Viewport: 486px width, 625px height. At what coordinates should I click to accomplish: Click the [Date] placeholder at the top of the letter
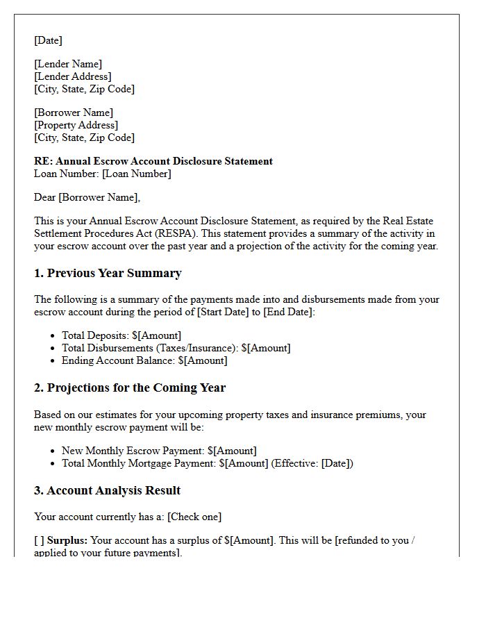tap(48, 40)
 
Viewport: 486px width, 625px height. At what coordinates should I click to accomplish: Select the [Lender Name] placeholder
tap(68, 65)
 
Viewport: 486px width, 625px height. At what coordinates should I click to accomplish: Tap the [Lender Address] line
tap(73, 76)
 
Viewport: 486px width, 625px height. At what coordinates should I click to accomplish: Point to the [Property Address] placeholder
tap(76, 125)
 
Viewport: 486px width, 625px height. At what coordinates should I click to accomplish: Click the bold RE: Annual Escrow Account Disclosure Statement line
tap(153, 161)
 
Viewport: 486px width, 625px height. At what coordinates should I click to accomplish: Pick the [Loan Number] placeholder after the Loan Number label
tap(136, 174)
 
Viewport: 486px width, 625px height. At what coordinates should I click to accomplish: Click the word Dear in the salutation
tap(45, 197)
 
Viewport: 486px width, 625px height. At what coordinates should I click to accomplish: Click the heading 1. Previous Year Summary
tap(108, 273)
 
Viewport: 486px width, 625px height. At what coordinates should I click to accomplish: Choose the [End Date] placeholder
tap(288, 312)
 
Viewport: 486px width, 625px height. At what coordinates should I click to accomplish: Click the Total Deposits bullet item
tap(121, 335)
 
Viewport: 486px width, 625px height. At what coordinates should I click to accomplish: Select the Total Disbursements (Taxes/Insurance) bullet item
tap(176, 348)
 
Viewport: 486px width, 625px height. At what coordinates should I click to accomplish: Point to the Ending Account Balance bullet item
tap(144, 360)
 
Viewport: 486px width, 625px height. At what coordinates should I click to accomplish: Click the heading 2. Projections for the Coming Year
tap(130, 387)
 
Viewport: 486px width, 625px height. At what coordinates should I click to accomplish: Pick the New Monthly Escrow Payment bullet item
tap(159, 451)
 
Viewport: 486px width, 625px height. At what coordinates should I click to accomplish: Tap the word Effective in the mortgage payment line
tap(295, 463)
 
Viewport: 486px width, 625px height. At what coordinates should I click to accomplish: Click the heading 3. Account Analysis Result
tap(107, 490)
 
